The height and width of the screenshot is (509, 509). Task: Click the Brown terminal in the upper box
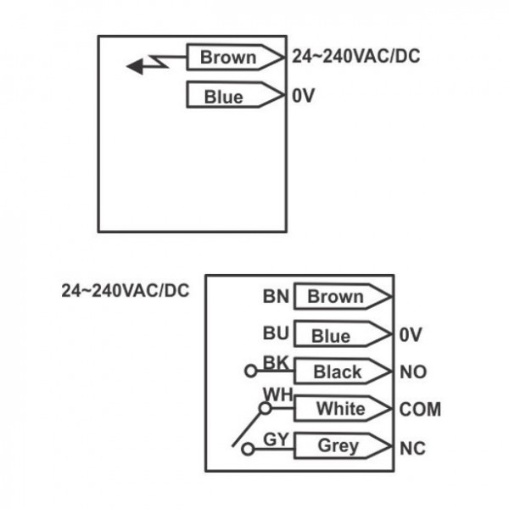tap(235, 57)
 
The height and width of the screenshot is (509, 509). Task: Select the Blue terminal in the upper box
tap(235, 95)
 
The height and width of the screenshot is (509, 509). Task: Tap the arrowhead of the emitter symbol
tap(135, 66)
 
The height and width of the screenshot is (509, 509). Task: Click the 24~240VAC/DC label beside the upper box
tap(355, 56)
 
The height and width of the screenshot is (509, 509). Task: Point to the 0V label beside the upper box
tap(303, 95)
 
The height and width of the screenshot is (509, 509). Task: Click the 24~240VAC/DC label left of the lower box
tap(126, 290)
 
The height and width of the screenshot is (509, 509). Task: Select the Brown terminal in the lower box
tap(343, 296)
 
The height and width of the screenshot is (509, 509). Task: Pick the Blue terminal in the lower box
tap(343, 334)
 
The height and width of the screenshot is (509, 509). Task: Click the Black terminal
tap(343, 372)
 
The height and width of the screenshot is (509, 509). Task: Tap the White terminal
tap(343, 408)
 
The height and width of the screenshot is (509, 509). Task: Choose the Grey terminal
tap(343, 445)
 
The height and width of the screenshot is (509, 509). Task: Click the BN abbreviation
tap(276, 297)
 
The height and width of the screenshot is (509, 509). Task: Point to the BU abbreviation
tap(276, 333)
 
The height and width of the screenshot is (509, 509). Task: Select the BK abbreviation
tap(276, 362)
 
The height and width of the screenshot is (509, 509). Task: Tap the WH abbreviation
tap(278, 394)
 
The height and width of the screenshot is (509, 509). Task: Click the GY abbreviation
tap(276, 439)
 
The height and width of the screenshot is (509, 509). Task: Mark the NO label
tap(413, 372)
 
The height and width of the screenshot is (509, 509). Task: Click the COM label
tap(420, 410)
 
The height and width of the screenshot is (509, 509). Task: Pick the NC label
tap(412, 449)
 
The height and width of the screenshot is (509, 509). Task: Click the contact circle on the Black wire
tap(250, 371)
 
